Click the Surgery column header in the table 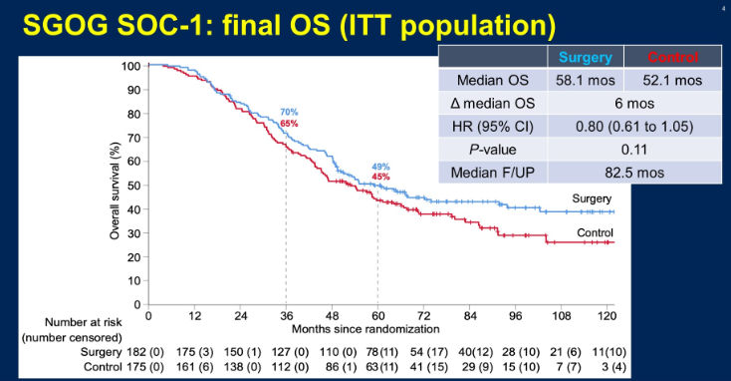tap(585, 57)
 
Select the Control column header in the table tap(672, 57)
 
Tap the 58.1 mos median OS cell tap(585, 81)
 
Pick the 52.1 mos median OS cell tap(672, 81)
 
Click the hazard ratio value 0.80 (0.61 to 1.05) tap(634, 127)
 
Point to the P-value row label tap(493, 150)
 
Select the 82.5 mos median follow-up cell tap(634, 173)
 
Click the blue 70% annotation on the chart tap(289, 112)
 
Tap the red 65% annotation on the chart tap(289, 124)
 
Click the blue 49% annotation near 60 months tap(380, 167)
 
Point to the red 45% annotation tap(380, 177)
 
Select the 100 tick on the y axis tap(131, 66)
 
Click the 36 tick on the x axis tap(286, 316)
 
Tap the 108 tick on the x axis tap(562, 316)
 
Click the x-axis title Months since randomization tap(365, 329)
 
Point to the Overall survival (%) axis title tap(115, 190)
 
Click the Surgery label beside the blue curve tap(592, 198)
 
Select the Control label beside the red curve tap(595, 232)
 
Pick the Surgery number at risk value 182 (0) tap(145, 352)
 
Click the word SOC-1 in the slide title tap(161, 25)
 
